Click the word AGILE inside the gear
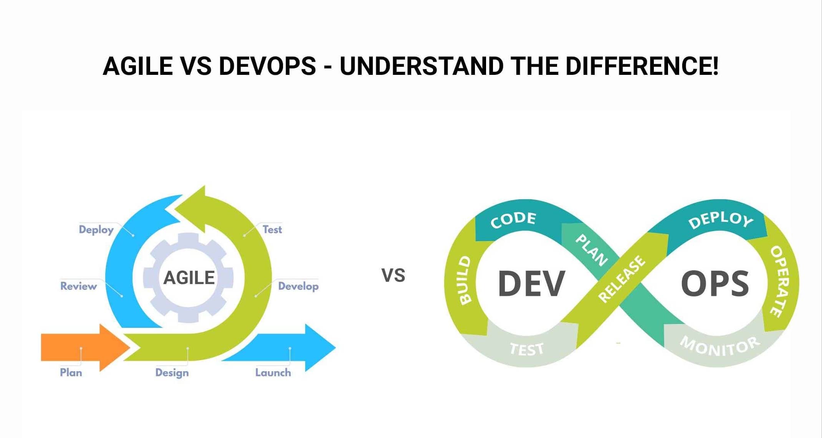tap(189, 278)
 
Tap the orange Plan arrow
tap(85, 347)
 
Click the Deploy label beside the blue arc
tap(96, 230)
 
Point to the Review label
tap(78, 286)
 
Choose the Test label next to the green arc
tap(272, 230)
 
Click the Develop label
tap(298, 286)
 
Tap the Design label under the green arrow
tap(172, 373)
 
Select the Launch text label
tap(273, 373)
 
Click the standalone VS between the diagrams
tap(393, 276)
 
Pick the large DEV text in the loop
tap(531, 284)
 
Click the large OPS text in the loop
tap(714, 284)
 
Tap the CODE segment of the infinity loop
tap(513, 220)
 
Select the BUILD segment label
tap(465, 280)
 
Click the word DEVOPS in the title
tap(267, 66)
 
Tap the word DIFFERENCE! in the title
tap(642, 66)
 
